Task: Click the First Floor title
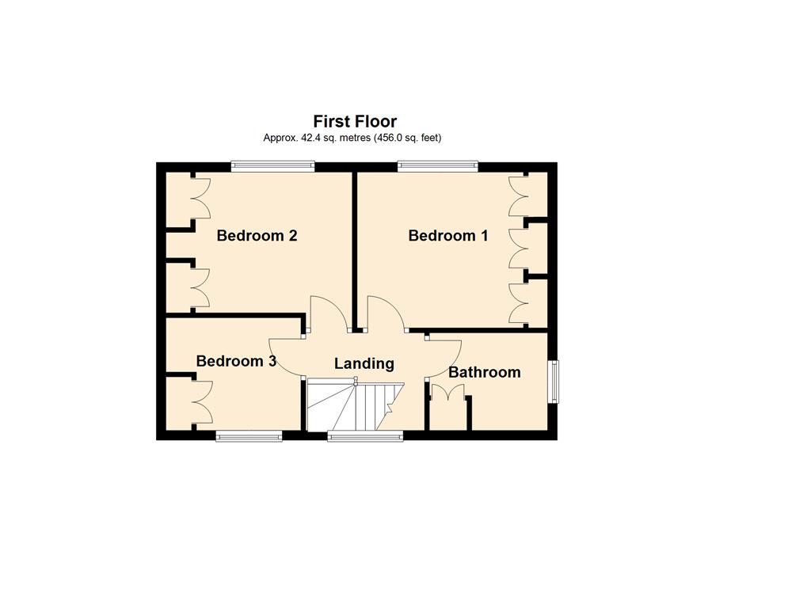[x=355, y=121]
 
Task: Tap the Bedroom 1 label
[x=448, y=236]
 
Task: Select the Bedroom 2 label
[x=257, y=236]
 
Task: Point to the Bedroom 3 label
[x=236, y=361]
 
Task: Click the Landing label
[x=364, y=364]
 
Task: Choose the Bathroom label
[x=485, y=372]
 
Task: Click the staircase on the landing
[x=356, y=406]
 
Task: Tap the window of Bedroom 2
[x=272, y=166]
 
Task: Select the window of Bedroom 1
[x=437, y=166]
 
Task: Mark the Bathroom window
[x=554, y=382]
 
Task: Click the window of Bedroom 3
[x=249, y=437]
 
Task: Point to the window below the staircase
[x=365, y=437]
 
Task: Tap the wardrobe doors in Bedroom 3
[x=203, y=403]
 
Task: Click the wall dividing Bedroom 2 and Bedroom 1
[x=355, y=251]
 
